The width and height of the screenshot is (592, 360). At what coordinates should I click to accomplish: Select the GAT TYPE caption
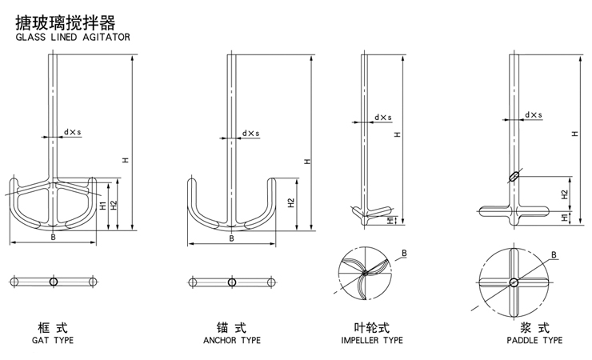pyautogui.click(x=53, y=341)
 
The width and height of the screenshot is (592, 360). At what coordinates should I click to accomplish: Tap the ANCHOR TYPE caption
pyautogui.click(x=232, y=341)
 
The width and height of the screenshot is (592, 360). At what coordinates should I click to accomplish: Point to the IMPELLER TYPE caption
pyautogui.click(x=372, y=341)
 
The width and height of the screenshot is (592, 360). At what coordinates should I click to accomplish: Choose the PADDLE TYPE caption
pyautogui.click(x=535, y=341)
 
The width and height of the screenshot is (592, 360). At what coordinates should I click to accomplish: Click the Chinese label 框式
pyautogui.click(x=53, y=327)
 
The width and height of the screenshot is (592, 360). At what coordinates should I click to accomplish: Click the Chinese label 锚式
pyautogui.click(x=231, y=327)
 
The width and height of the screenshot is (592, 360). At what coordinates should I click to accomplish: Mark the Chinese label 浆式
pyautogui.click(x=534, y=327)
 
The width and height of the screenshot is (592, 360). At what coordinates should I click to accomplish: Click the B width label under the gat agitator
pyautogui.click(x=53, y=237)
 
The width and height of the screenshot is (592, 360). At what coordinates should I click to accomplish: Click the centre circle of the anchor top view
pyautogui.click(x=231, y=282)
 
